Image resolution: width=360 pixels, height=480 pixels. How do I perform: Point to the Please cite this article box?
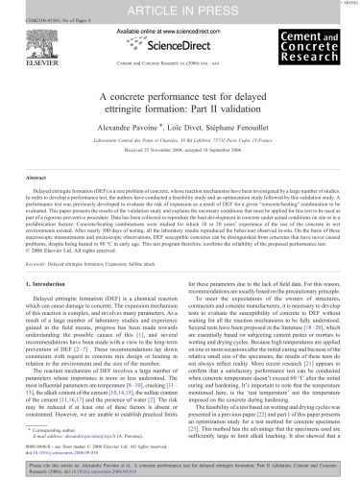click(x=180, y=468)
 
